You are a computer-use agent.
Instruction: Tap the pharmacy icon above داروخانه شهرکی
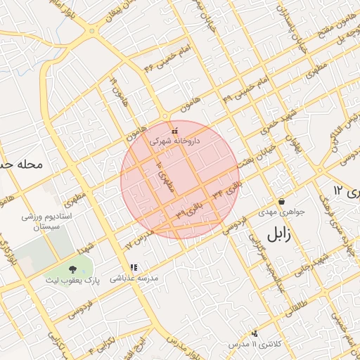point(174,130)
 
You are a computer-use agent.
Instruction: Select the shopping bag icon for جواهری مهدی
point(281,201)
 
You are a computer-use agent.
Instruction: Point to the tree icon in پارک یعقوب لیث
point(72,269)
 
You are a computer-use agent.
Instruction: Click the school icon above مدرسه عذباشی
point(134,267)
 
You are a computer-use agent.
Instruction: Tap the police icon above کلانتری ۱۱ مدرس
point(254,333)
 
